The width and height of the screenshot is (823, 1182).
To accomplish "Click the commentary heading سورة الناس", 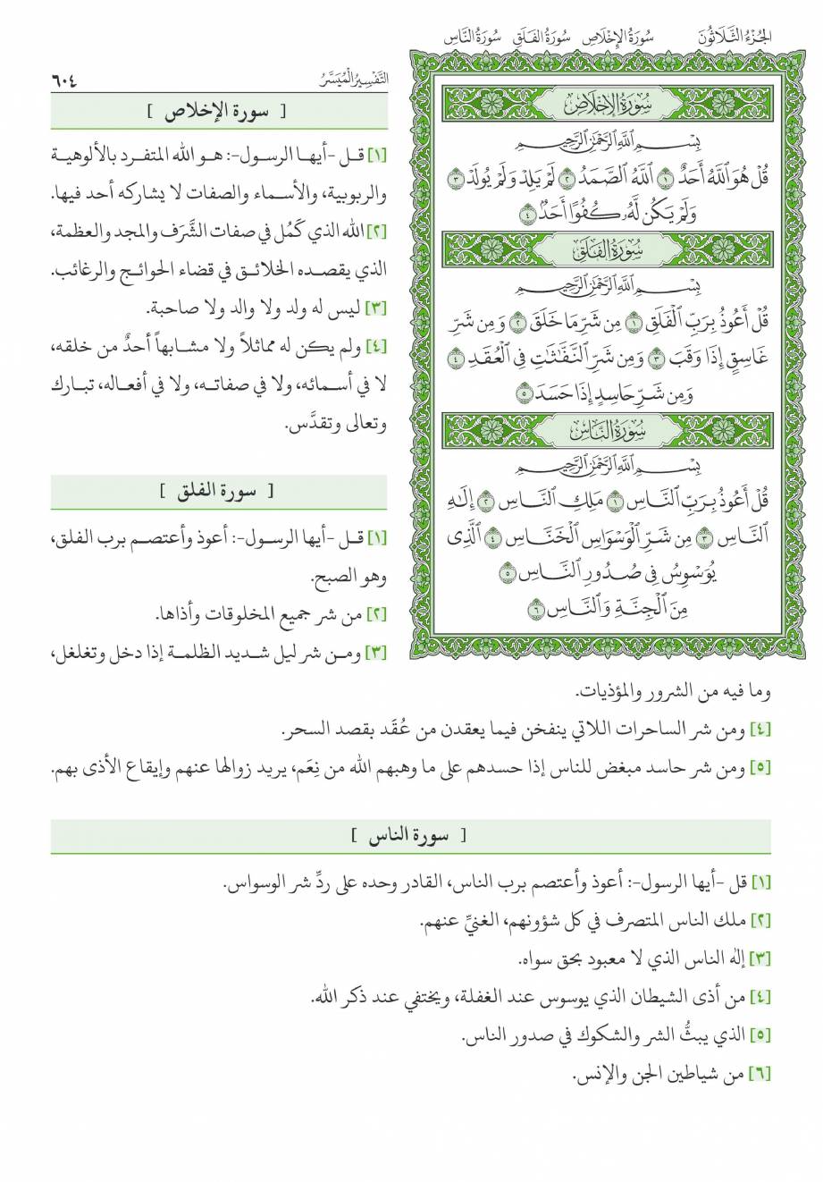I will pyautogui.click(x=410, y=837).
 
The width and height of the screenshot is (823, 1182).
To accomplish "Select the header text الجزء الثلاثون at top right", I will pyautogui.click(x=737, y=38).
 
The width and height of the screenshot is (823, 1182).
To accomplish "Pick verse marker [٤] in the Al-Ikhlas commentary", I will pyautogui.click(x=376, y=347).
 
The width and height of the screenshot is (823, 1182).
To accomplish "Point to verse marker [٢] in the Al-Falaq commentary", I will pyautogui.click(x=376, y=614).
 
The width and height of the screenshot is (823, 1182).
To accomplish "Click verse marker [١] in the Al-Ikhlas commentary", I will pyautogui.click(x=376, y=155).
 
